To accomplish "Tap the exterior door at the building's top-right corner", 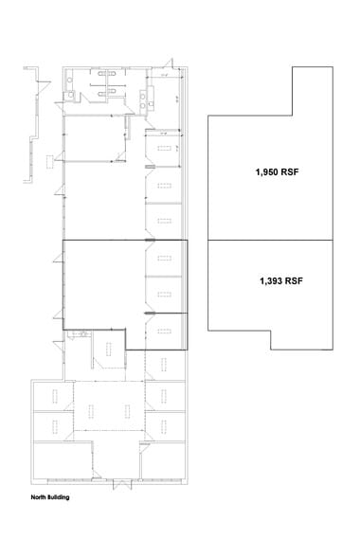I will pyautogui.click(x=170, y=67).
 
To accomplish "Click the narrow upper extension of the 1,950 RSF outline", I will pyautogui.click(x=313, y=90).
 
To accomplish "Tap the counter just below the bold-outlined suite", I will pyautogui.click(x=80, y=334).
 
